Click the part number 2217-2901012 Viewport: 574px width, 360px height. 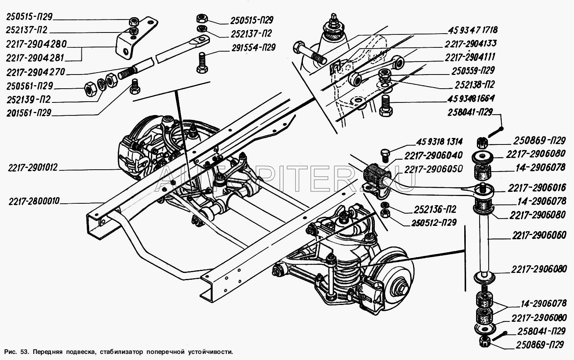click(33, 168)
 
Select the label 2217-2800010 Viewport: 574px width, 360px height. click(34, 201)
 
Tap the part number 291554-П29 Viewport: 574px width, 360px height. click(254, 48)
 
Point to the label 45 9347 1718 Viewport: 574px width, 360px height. click(473, 30)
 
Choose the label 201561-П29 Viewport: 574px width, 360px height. click(29, 113)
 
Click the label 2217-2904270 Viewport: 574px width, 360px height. click(36, 72)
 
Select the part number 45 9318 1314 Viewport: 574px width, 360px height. click(439, 142)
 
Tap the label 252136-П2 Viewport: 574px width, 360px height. click(435, 209)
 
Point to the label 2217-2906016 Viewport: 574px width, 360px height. click(537, 188)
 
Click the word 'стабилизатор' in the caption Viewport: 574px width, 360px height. click(121, 352)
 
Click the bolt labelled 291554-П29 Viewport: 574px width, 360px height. click(202, 63)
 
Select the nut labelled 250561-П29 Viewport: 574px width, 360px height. click(90, 89)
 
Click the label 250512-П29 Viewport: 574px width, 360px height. click(434, 222)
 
